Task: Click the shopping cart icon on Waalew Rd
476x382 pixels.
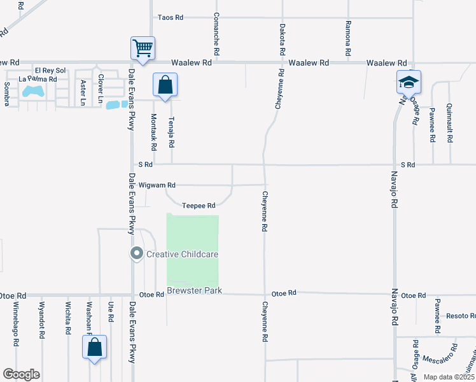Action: [x=143, y=48]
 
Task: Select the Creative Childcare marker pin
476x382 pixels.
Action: [x=136, y=254]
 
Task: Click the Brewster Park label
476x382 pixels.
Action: [x=193, y=291]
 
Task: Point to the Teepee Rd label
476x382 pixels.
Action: [x=199, y=206]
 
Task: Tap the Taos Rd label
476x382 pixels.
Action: [x=170, y=17]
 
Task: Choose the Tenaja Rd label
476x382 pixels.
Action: [x=171, y=132]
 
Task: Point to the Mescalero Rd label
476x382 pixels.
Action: [x=440, y=353]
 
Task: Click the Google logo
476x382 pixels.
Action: [x=22, y=374]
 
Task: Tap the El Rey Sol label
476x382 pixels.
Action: [x=50, y=70]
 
